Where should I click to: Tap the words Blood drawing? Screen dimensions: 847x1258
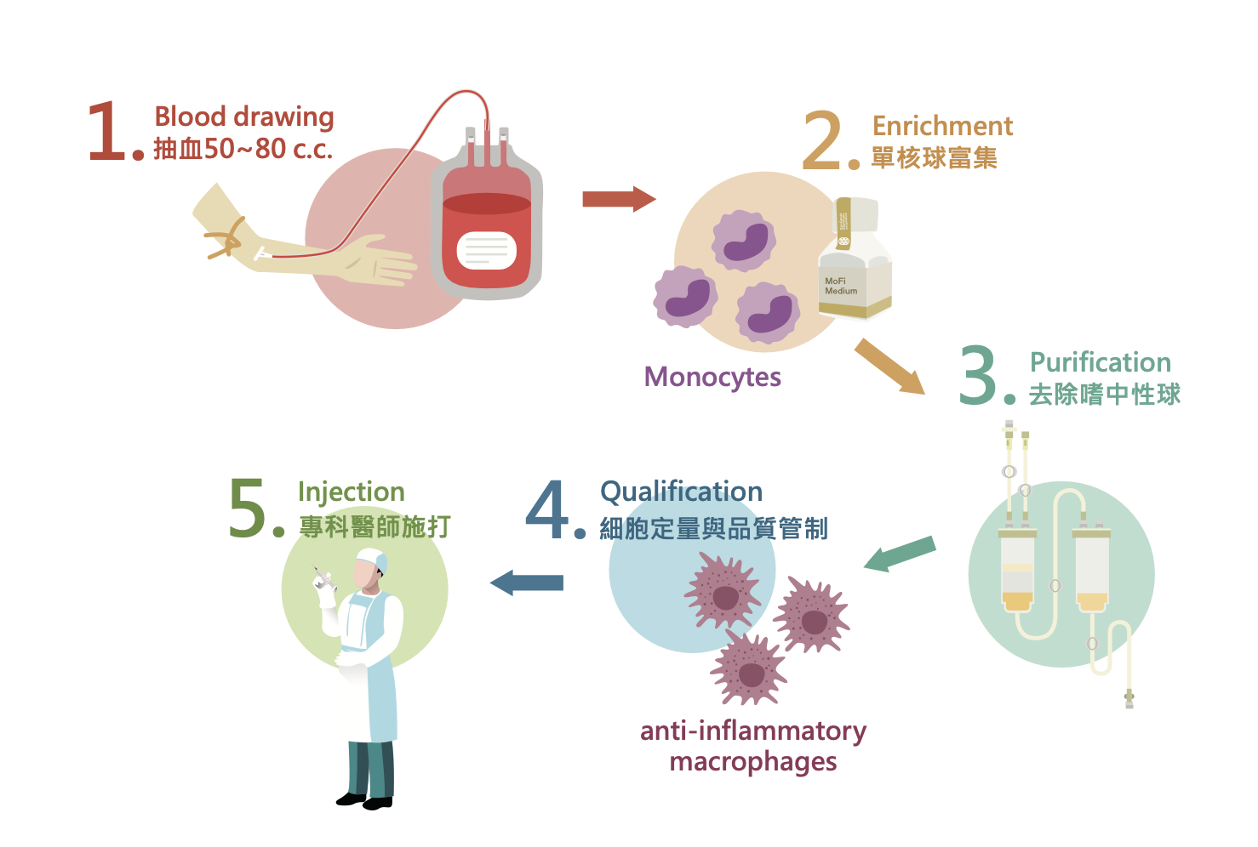(x=243, y=117)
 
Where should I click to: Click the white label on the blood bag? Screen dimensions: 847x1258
(x=486, y=250)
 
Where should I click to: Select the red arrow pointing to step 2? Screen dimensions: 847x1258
(x=618, y=199)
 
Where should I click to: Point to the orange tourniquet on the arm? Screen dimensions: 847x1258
(x=226, y=237)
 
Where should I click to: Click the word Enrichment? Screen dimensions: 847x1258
(x=942, y=127)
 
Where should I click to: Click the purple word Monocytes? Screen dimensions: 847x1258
(x=712, y=377)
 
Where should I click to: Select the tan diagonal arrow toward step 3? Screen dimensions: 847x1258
(x=889, y=367)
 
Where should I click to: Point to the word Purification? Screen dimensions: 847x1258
(x=1101, y=363)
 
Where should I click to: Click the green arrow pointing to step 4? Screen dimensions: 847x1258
(x=900, y=554)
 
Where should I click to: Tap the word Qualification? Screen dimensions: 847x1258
(x=681, y=492)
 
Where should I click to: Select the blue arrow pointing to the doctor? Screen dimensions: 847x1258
(x=527, y=583)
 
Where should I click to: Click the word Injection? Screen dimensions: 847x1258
(x=351, y=492)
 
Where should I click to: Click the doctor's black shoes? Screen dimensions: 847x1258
(x=365, y=800)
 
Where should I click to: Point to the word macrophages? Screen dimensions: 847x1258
(x=752, y=762)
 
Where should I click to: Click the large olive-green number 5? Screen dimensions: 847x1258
(x=248, y=509)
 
